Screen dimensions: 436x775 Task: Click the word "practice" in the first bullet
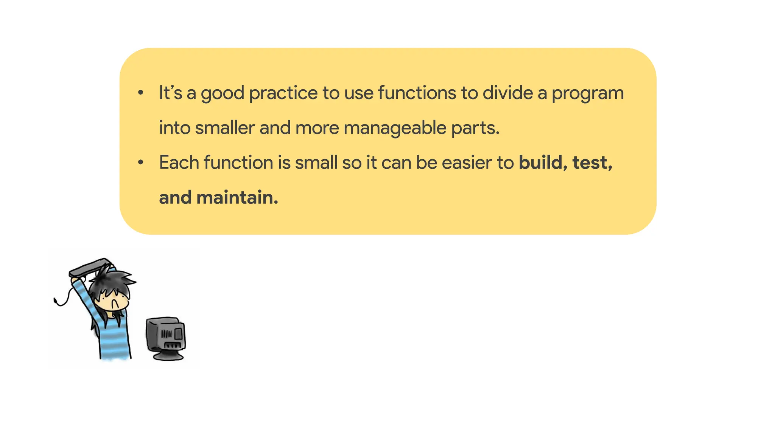tap(283, 93)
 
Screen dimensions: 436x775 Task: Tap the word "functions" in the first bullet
tap(417, 93)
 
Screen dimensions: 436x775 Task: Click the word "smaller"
tap(225, 128)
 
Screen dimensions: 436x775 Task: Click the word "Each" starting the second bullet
tap(179, 163)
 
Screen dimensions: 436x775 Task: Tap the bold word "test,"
tap(592, 163)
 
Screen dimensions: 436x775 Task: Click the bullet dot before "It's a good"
tap(141, 93)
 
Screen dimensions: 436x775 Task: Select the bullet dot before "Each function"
tap(141, 162)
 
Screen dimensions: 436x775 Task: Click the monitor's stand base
tap(168, 356)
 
